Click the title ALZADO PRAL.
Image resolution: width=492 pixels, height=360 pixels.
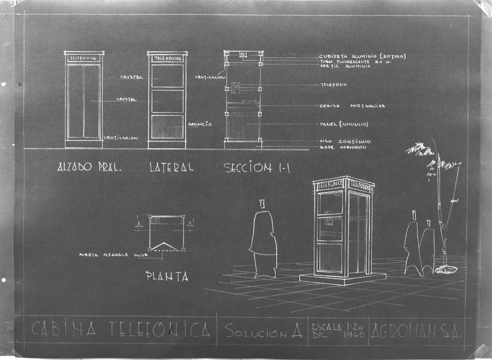pyautogui.click(x=90, y=167)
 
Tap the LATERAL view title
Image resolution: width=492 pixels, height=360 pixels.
pyautogui.click(x=171, y=167)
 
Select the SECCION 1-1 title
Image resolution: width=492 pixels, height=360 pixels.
pyautogui.click(x=256, y=168)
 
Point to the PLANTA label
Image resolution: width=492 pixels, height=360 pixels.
pyautogui.click(x=167, y=276)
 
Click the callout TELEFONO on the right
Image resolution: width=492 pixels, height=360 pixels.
pyautogui.click(x=334, y=85)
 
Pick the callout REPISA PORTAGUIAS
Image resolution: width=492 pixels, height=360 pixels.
pyautogui.click(x=352, y=106)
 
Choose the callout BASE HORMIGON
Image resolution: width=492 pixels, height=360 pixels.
pyautogui.click(x=343, y=147)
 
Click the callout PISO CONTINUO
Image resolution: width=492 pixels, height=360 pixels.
pyautogui.click(x=345, y=141)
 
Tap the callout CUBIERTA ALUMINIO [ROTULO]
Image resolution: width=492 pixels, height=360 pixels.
pyautogui.click(x=362, y=56)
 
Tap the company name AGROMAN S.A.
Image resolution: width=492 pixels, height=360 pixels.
pyautogui.click(x=416, y=330)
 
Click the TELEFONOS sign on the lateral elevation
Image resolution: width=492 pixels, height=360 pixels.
pyautogui.click(x=167, y=58)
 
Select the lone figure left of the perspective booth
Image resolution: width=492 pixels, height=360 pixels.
pyautogui.click(x=263, y=239)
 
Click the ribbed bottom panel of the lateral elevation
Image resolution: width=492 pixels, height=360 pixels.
pyautogui.click(x=167, y=127)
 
